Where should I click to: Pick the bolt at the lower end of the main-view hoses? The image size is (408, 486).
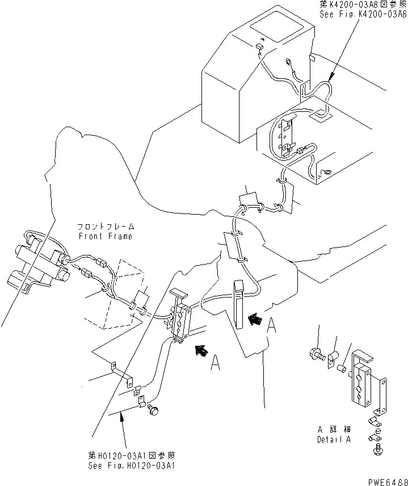(x=153, y=412)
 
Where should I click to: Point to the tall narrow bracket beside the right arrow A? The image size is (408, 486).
(x=238, y=304)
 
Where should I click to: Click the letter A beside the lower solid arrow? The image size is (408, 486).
(x=214, y=364)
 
